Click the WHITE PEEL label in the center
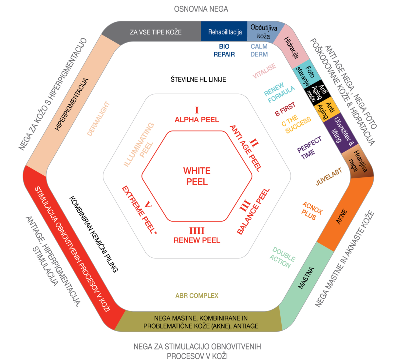click(197, 176)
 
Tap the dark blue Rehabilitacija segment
click(225, 32)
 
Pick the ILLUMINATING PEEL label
click(139, 145)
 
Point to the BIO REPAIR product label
click(224, 51)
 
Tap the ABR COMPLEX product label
click(197, 296)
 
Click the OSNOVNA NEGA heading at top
click(201, 9)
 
